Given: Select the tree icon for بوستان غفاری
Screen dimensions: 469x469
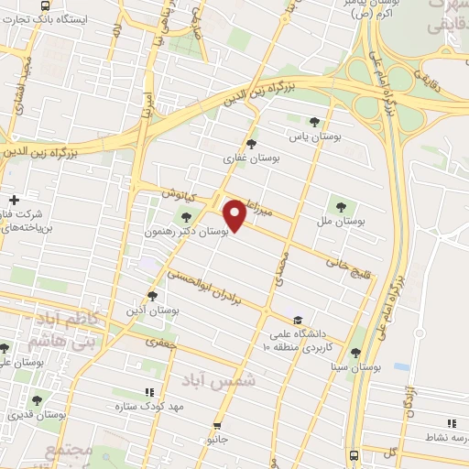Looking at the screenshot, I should click(x=252, y=143).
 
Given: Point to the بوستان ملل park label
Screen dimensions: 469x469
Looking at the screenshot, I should click(x=342, y=222).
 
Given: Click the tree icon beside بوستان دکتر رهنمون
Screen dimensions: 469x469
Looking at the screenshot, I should click(x=187, y=217).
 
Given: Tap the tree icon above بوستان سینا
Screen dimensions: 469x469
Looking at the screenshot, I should click(x=354, y=353).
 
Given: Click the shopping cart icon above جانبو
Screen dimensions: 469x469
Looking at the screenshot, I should click(x=217, y=425).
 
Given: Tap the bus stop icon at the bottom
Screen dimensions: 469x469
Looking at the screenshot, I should click(x=354, y=454).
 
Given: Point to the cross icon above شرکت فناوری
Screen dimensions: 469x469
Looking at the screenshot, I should click(x=14, y=200).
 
